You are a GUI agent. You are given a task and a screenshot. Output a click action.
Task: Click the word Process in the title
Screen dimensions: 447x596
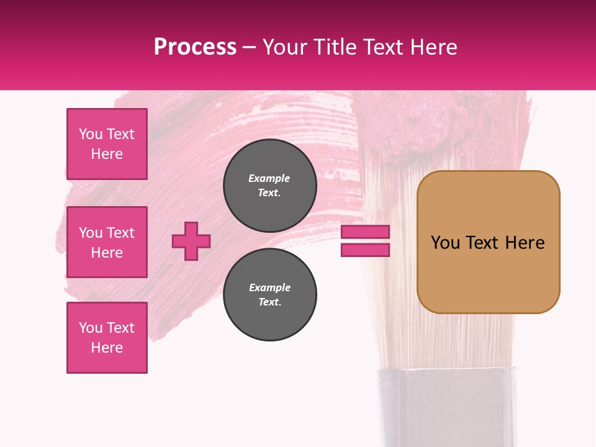pos(195,47)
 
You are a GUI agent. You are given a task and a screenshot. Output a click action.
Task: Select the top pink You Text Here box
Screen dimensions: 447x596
pos(107,144)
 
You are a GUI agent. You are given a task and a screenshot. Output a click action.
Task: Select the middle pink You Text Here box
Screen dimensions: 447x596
pos(107,242)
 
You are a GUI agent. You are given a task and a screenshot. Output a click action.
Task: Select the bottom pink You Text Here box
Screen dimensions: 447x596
pos(107,338)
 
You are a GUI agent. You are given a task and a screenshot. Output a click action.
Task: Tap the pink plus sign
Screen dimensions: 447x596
pos(191,241)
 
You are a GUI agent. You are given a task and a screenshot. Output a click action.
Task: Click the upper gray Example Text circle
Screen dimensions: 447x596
pos(270,186)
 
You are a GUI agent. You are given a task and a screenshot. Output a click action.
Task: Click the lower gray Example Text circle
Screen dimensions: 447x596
pos(270,295)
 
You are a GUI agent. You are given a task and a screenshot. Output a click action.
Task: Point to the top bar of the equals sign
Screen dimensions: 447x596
pos(365,232)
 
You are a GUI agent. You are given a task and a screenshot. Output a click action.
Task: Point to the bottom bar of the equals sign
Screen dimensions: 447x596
pos(365,250)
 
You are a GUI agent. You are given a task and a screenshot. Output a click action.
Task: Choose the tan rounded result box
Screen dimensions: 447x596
pos(488,273)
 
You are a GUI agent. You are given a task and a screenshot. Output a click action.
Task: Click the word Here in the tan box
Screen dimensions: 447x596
pos(525,243)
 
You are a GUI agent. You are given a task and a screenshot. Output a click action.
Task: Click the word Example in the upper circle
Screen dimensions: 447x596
pos(269,178)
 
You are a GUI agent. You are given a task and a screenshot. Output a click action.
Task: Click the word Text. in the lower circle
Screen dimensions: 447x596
pos(270,302)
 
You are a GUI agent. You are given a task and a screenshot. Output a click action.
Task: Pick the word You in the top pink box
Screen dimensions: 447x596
pos(90,134)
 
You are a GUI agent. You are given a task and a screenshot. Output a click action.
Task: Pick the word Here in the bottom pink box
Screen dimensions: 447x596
pos(107,348)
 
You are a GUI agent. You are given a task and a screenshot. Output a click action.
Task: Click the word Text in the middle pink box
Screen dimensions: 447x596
pos(120,233)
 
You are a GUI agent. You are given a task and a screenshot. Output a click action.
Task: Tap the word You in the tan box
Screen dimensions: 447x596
pos(445,243)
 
